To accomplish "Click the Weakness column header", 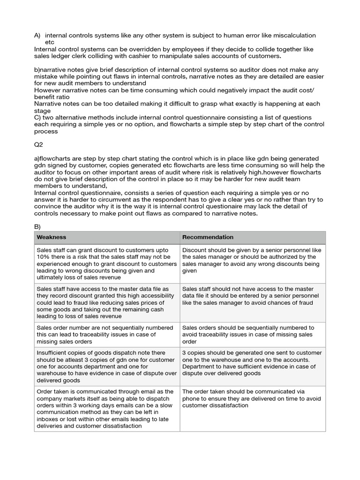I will [x=52, y=237].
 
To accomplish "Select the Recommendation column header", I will [x=208, y=237].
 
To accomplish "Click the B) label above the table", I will [x=37, y=226].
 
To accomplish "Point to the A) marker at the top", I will [x=37, y=35].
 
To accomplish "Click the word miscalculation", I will [x=290, y=35].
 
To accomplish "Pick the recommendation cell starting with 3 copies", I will [x=252, y=363].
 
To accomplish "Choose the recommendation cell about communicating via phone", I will [x=252, y=398].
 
